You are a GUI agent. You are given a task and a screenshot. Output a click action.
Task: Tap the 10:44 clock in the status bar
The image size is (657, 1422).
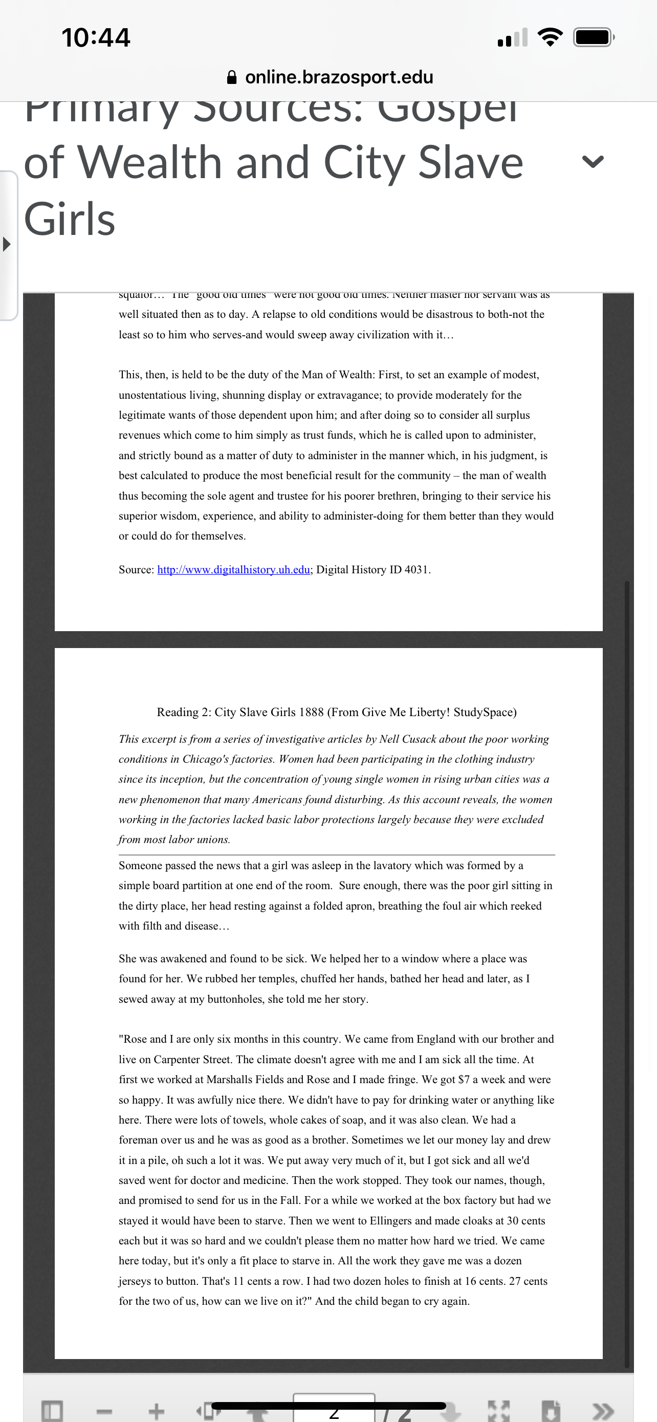pyautogui.click(x=96, y=37)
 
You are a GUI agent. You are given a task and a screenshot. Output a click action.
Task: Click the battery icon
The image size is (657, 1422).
pyautogui.click(x=593, y=37)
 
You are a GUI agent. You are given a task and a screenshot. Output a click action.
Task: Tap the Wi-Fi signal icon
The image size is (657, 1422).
pyautogui.click(x=550, y=37)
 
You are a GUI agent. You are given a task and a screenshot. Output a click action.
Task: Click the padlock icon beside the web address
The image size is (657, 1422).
pyautogui.click(x=232, y=77)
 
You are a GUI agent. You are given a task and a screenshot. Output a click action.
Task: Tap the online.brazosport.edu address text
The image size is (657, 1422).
pyautogui.click(x=339, y=77)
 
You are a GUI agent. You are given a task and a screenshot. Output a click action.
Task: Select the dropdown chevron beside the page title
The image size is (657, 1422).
pyautogui.click(x=593, y=161)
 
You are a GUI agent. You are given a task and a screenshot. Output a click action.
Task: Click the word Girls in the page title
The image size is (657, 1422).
pyautogui.click(x=70, y=219)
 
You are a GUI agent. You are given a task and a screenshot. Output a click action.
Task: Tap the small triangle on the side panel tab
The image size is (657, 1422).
pyautogui.click(x=7, y=244)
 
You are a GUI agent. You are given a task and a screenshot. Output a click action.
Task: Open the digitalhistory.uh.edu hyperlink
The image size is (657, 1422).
pyautogui.click(x=233, y=570)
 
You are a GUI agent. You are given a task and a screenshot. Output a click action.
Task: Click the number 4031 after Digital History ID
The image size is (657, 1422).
pyautogui.click(x=417, y=570)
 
